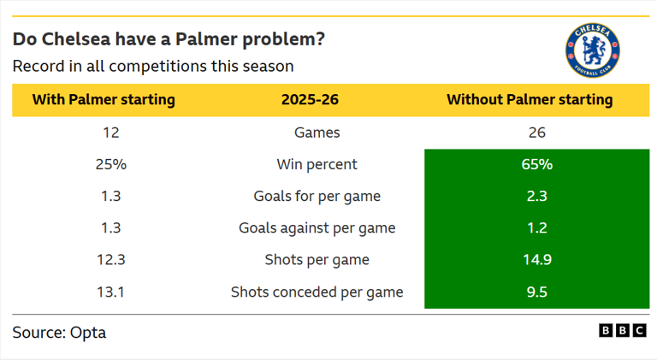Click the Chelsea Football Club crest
pyautogui.click(x=592, y=50)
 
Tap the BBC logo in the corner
pyautogui.click(x=622, y=331)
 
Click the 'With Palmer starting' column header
pyautogui.click(x=104, y=100)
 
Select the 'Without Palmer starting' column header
pyautogui.click(x=530, y=100)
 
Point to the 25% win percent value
pyautogui.click(x=110, y=164)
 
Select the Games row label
pyautogui.click(x=317, y=133)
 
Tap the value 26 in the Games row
pyautogui.click(x=537, y=133)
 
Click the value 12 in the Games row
pyautogui.click(x=110, y=133)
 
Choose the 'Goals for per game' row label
pyautogui.click(x=317, y=197)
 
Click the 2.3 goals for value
pyautogui.click(x=537, y=197)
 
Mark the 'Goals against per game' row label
pyautogui.click(x=317, y=228)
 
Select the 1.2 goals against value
pyautogui.click(x=537, y=228)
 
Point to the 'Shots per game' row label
pyautogui.click(x=317, y=260)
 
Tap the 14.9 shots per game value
pyautogui.click(x=537, y=260)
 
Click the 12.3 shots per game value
pyautogui.click(x=110, y=260)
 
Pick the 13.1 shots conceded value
pyautogui.click(x=110, y=292)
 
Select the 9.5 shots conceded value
pyautogui.click(x=537, y=292)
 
